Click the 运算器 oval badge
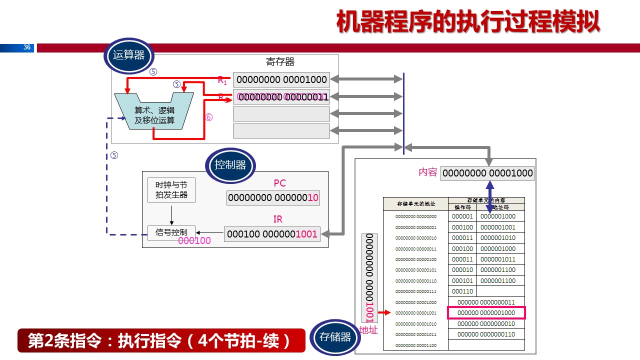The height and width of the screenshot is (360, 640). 128,55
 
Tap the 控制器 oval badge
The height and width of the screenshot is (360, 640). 230,165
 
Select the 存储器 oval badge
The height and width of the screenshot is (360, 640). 335,337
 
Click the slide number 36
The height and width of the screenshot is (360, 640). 27,48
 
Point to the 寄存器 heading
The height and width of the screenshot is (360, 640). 280,62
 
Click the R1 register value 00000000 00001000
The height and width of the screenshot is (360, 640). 281,79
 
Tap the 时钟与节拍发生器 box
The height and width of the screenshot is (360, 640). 171,190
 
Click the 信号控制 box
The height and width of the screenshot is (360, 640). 171,232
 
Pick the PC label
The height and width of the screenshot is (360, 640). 279,183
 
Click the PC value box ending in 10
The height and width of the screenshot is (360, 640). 273,198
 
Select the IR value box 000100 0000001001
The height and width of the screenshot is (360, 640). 272,234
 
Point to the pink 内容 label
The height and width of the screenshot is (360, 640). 428,172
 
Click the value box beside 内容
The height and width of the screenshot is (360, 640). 487,173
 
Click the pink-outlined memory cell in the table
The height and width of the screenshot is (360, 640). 486,313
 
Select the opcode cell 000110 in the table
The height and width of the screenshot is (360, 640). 462,291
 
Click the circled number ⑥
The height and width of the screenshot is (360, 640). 209,117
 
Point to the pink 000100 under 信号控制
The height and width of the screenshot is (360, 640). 194,240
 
